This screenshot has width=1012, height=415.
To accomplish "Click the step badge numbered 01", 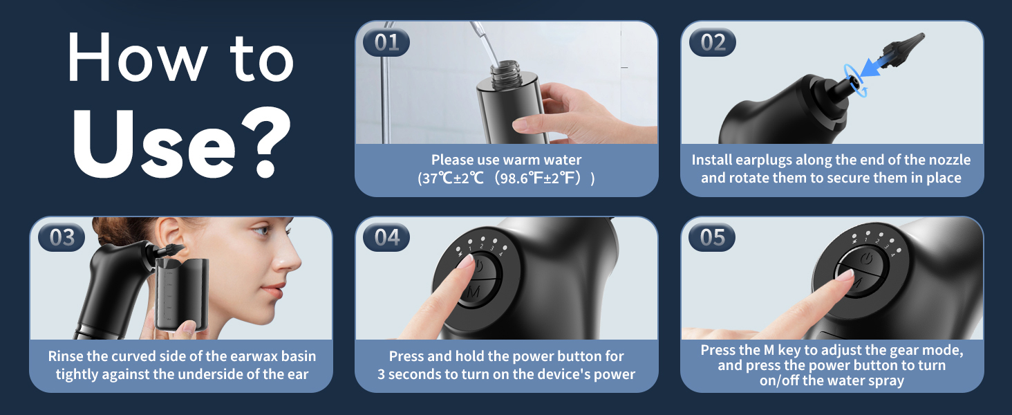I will click(386, 42).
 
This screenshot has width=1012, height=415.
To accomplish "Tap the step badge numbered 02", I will click(713, 42).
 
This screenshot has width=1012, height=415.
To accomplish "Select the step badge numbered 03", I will click(62, 238).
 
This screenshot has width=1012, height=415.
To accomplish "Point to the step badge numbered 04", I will click(386, 238).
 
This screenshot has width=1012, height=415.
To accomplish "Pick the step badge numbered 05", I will click(713, 238).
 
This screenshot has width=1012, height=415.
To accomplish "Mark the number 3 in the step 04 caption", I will click(382, 374).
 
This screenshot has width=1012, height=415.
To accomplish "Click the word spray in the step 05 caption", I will click(885, 380).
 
